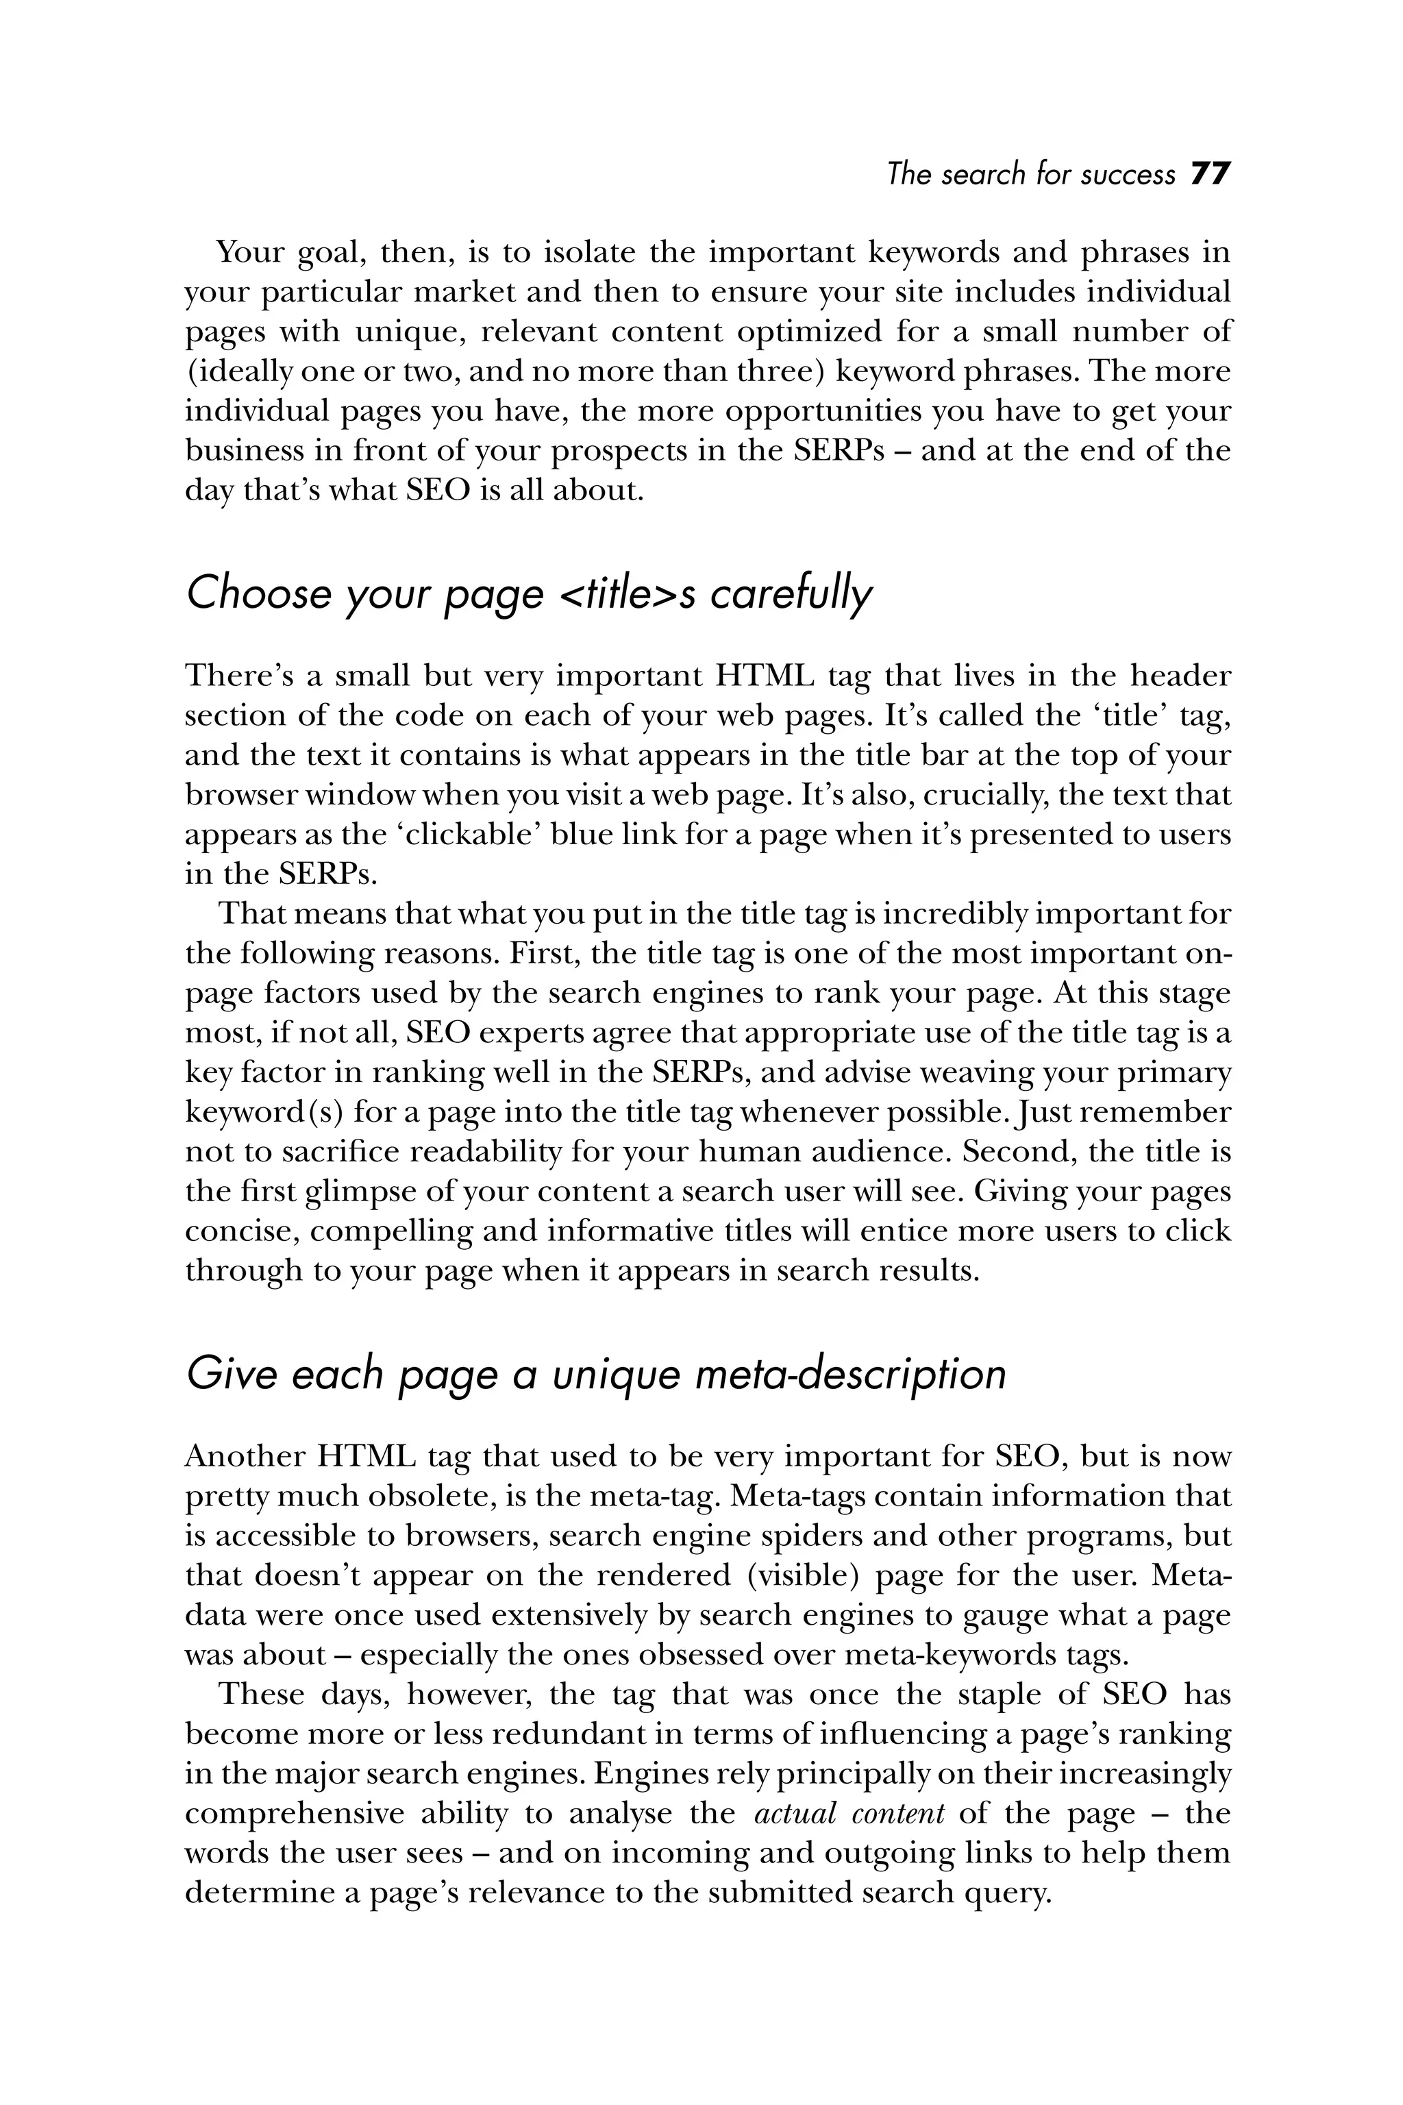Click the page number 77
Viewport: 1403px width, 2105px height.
coord(1211,173)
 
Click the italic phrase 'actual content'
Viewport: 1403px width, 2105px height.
coord(849,1813)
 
